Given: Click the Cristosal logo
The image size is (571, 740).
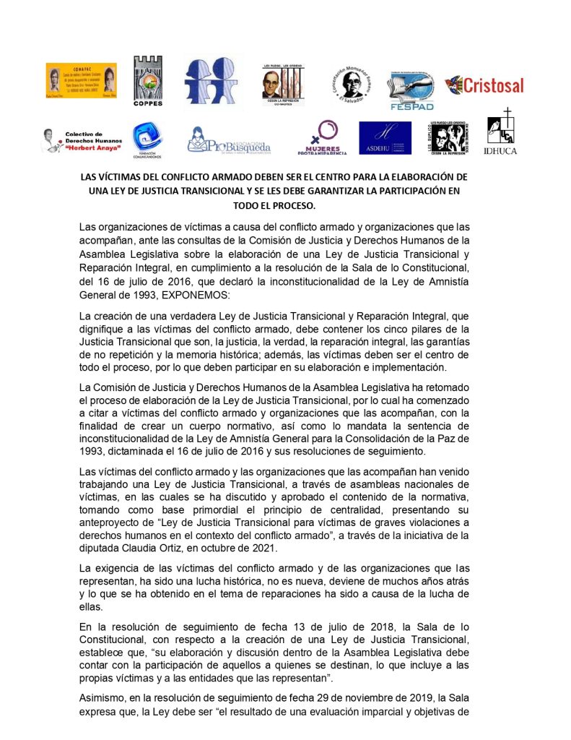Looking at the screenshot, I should click(x=484, y=85).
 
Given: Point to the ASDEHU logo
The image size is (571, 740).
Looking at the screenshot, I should click(x=385, y=137).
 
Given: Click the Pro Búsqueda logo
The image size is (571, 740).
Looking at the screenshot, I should click(x=229, y=139).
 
